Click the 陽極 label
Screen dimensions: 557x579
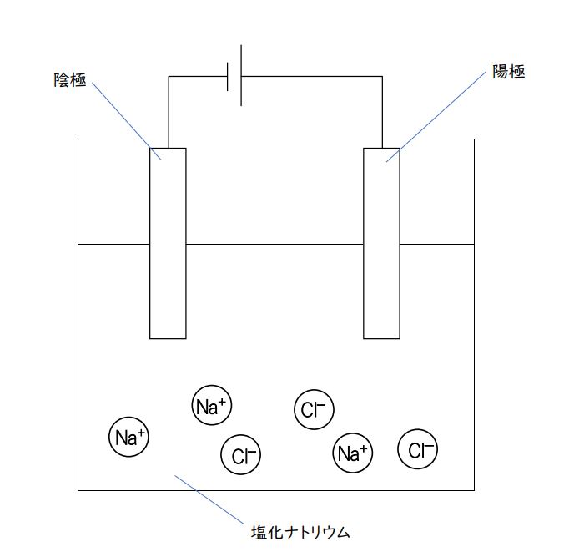[508, 73]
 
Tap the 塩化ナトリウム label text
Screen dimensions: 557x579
[300, 531]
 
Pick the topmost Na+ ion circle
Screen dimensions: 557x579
[211, 407]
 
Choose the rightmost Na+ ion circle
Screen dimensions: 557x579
[352, 453]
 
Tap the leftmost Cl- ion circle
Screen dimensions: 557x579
[241, 456]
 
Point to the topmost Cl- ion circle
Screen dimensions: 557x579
[314, 409]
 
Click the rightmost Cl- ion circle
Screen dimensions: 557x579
[418, 451]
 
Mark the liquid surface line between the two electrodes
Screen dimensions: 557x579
[275, 244]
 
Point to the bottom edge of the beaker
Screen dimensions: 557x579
[275, 489]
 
